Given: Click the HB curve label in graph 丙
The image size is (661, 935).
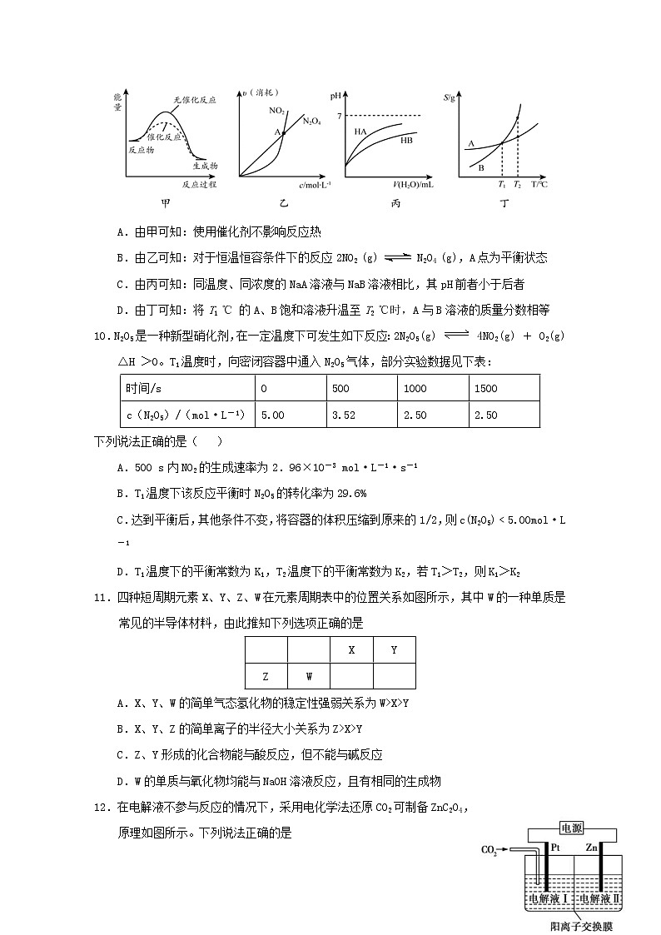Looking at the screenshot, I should [x=406, y=141].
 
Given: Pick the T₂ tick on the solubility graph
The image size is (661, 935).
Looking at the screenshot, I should [x=517, y=183].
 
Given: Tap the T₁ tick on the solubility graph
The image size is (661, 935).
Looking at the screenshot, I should [x=501, y=183].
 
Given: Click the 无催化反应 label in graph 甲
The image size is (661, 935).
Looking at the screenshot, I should [x=195, y=99].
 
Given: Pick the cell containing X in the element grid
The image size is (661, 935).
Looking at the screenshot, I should [x=351, y=649].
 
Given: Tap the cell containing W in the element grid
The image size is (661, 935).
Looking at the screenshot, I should [x=309, y=676].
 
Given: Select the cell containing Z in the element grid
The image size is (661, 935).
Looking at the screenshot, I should [x=266, y=676].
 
